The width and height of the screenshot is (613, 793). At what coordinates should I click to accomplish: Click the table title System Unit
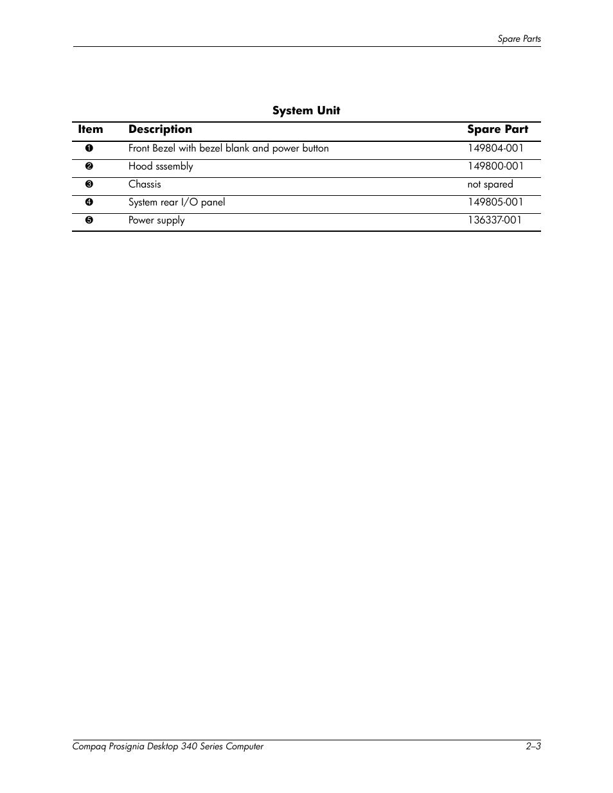(x=306, y=110)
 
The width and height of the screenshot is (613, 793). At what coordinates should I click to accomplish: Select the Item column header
(x=91, y=129)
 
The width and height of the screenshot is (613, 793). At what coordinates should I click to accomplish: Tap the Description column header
(x=160, y=129)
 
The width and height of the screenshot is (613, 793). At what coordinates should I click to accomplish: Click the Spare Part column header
(x=497, y=129)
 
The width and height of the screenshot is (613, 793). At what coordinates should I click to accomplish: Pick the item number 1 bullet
(x=89, y=148)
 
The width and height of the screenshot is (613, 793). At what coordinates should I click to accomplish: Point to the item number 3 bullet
(x=89, y=184)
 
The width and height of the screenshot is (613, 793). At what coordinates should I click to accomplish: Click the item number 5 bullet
(x=89, y=220)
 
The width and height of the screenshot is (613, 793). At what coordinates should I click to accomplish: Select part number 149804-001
(x=495, y=148)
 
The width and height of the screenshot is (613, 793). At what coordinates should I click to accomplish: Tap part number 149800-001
(x=495, y=166)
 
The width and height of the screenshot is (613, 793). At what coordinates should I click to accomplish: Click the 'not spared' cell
(x=490, y=184)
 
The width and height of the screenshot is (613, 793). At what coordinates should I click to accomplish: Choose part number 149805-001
(x=495, y=202)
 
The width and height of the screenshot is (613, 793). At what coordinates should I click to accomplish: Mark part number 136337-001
(x=495, y=220)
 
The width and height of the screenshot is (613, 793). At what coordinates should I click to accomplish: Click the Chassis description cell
(x=145, y=184)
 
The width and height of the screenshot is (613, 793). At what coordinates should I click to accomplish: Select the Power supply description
(x=156, y=220)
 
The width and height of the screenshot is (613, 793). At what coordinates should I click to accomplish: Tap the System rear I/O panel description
(x=177, y=202)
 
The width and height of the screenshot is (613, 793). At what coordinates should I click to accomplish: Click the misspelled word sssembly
(x=174, y=166)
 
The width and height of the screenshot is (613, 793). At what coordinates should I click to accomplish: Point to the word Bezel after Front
(x=164, y=148)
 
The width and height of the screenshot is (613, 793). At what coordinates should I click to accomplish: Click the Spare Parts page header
(x=519, y=39)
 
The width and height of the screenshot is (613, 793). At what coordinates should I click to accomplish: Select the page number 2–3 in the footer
(x=533, y=746)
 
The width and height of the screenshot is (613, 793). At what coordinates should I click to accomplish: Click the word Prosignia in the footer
(x=123, y=746)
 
